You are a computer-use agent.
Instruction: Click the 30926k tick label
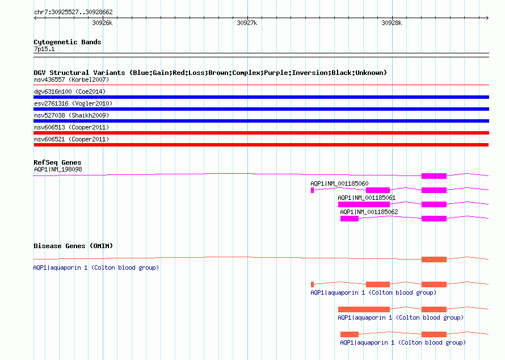[102, 23]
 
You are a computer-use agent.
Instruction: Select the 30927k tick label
[247, 23]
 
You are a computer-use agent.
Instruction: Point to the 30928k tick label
[392, 23]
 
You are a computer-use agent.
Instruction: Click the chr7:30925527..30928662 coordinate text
[73, 12]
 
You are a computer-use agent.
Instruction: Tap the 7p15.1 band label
[44, 49]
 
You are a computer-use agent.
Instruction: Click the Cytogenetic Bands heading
[68, 42]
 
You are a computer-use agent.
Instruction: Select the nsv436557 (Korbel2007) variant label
[71, 79]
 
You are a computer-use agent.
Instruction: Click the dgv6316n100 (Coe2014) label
[70, 91]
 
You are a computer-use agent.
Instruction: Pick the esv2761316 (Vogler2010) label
[73, 103]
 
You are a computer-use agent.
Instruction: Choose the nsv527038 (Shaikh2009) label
[71, 115]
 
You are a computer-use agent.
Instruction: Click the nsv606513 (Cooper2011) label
[71, 127]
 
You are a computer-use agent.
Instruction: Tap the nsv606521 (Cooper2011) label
[71, 139]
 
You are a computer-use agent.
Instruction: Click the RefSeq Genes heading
[57, 162]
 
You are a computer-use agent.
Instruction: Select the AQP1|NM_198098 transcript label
[58, 170]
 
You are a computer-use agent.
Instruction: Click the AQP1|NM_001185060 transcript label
[339, 184]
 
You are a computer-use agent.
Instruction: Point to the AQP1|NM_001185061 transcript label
[367, 198]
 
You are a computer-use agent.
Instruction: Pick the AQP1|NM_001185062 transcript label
[369, 212]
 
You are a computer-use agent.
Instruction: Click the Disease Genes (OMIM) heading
[73, 246]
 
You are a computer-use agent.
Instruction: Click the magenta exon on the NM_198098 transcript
[434, 176]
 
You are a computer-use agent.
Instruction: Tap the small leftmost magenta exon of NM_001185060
[313, 190]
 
